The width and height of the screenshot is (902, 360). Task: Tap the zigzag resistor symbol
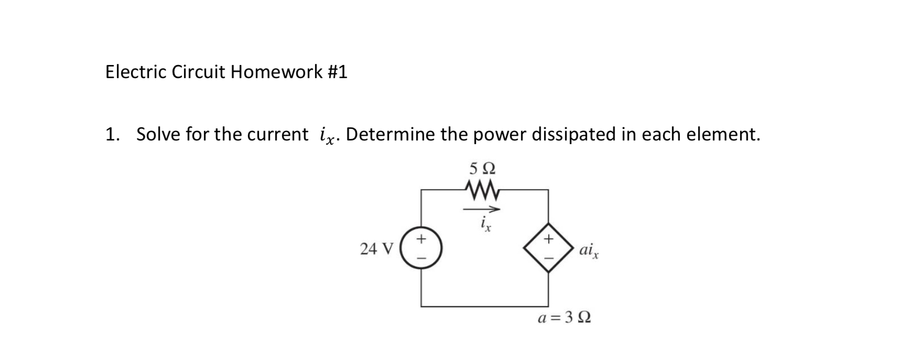[482, 189]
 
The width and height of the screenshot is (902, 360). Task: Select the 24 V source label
[376, 249]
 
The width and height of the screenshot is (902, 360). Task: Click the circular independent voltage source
[421, 248]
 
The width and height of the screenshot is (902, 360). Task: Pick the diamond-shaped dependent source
[549, 248]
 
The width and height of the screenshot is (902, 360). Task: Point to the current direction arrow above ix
[482, 209]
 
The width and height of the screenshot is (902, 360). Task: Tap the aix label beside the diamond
[589, 250]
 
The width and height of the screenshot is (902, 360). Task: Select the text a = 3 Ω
[564, 318]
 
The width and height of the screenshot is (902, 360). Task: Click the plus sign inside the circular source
[421, 239]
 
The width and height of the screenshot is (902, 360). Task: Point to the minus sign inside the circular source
[421, 258]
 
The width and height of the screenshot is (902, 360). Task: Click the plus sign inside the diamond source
[549, 239]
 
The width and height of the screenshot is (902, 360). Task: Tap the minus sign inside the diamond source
[549, 258]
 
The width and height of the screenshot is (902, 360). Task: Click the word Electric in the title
[136, 72]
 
